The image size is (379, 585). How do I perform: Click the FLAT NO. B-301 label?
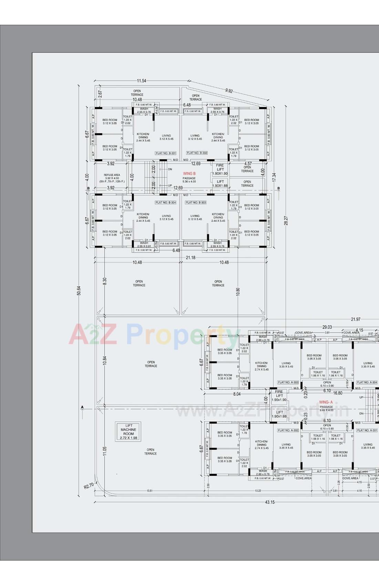pyautogui.click(x=166, y=153)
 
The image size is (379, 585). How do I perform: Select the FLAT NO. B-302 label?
pyautogui.click(x=197, y=153)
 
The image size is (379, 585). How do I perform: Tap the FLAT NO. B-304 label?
pyautogui.click(x=166, y=202)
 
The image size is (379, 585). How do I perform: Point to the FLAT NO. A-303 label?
pyautogui.click(x=288, y=382)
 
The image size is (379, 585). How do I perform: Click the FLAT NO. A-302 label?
pyautogui.click(x=288, y=430)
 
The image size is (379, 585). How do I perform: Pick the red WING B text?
pyautogui.click(x=189, y=174)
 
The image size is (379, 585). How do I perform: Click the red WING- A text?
pyautogui.click(x=326, y=402)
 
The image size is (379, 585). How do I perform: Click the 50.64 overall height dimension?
pyautogui.click(x=79, y=291)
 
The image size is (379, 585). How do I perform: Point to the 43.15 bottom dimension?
pyautogui.click(x=270, y=502)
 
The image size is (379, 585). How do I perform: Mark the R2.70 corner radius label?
pyautogui.click(x=89, y=486)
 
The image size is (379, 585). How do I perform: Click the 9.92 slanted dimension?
pyautogui.click(x=229, y=91)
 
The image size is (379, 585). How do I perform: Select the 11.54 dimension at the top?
pyautogui.click(x=141, y=81)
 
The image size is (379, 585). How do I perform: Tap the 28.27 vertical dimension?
pyautogui.click(x=286, y=221)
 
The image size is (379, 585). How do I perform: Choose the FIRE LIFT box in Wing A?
pyautogui.click(x=279, y=396)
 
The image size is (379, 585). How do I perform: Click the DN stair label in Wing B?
pyautogui.click(x=170, y=169)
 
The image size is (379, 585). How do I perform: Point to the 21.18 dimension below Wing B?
pyautogui.click(x=190, y=258)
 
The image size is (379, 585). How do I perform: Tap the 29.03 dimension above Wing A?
pyautogui.click(x=327, y=327)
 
